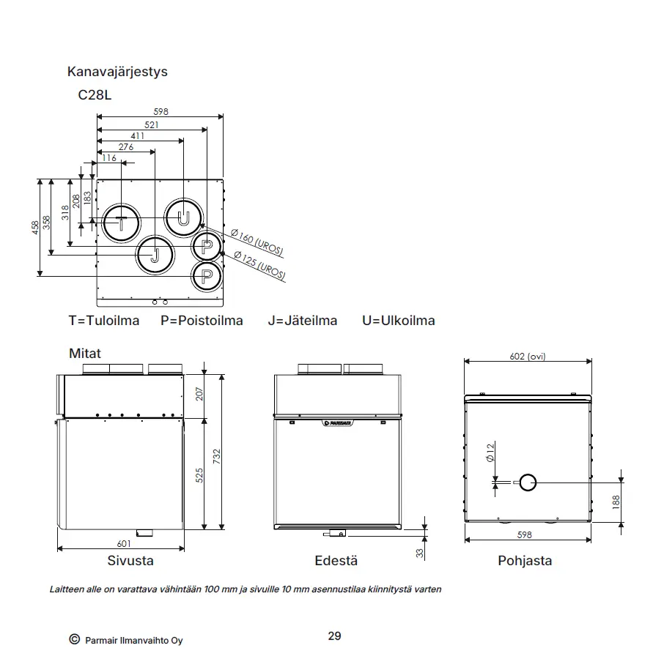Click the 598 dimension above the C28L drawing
pyautogui.click(x=161, y=112)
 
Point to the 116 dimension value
pyautogui.click(x=109, y=158)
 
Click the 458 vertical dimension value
pyautogui.click(x=35, y=228)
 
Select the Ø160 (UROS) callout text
pyautogui.click(x=257, y=242)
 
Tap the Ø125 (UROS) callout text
pyautogui.click(x=259, y=266)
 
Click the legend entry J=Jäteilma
pyautogui.click(x=303, y=320)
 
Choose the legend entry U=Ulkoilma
pyautogui.click(x=399, y=320)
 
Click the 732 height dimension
pyautogui.click(x=217, y=456)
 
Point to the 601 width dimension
pyautogui.click(x=124, y=544)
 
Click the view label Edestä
pyautogui.click(x=336, y=561)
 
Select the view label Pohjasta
pyautogui.click(x=525, y=561)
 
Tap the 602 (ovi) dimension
pyautogui.click(x=528, y=357)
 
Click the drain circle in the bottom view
pyautogui.click(x=528, y=474)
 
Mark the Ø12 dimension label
pyautogui.click(x=490, y=452)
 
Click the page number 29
pyautogui.click(x=334, y=636)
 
